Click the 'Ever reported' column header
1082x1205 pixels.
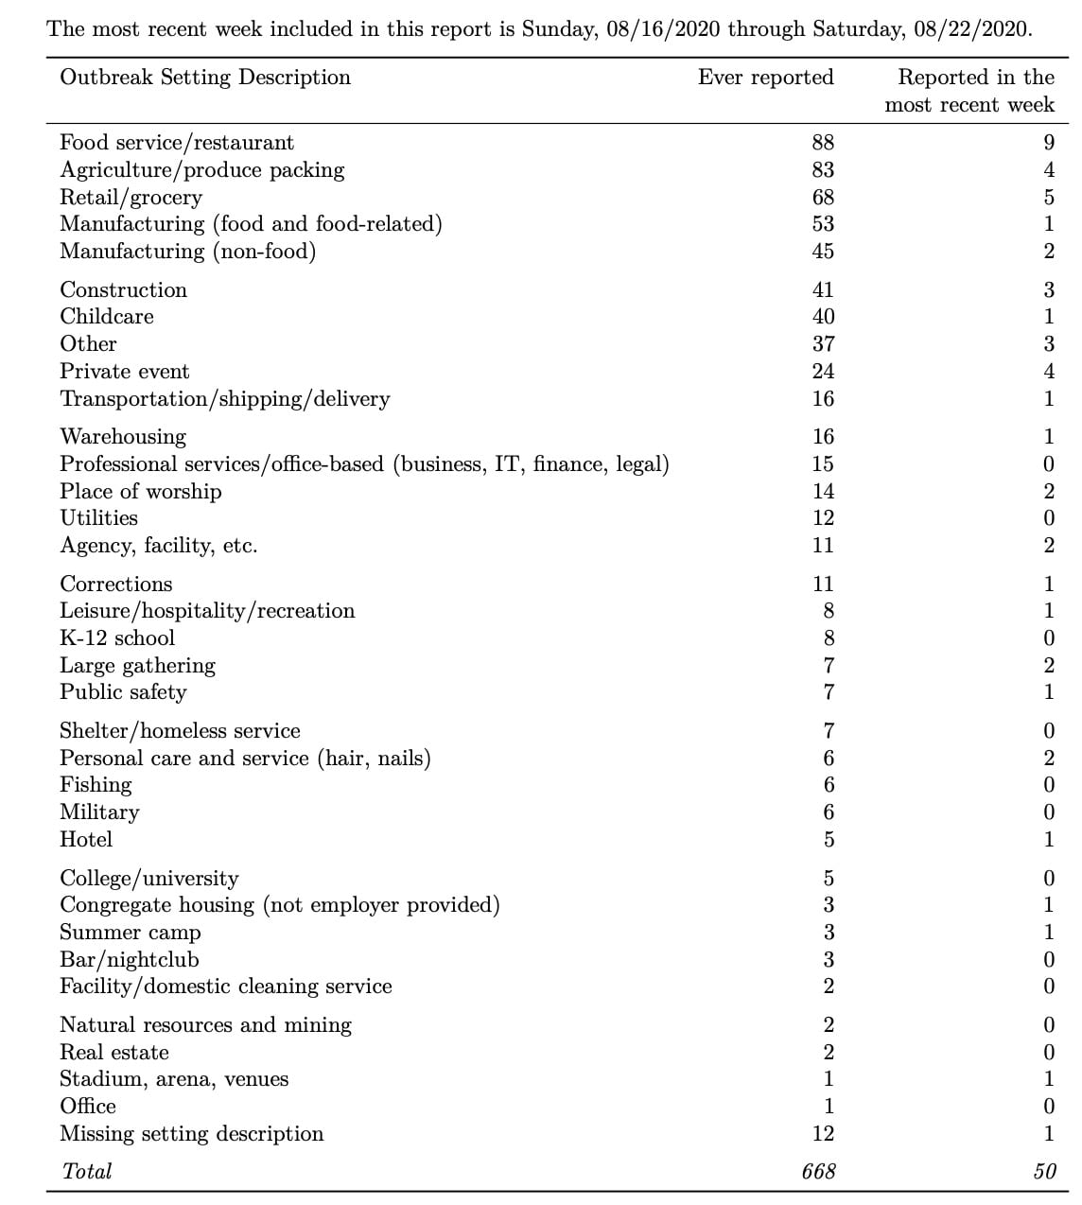coord(765,78)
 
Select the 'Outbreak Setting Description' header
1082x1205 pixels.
coord(205,78)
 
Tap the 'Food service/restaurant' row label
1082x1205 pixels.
coord(177,143)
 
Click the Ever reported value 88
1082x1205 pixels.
coord(823,143)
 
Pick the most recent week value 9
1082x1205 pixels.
coord(1048,143)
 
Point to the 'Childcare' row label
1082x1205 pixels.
coord(107,317)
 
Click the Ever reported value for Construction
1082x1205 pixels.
coord(823,290)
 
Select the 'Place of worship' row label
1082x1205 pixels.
coord(141,491)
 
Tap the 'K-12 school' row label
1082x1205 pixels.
coord(117,638)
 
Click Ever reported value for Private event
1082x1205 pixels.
coord(823,372)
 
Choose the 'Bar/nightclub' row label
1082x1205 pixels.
coord(130,960)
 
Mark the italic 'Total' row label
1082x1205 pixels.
coord(87,1172)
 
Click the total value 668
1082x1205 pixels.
coord(818,1172)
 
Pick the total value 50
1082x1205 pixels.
coord(1044,1172)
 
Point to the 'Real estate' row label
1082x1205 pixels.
coord(114,1053)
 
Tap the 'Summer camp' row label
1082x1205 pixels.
coord(131,933)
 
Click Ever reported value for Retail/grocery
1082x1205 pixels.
coord(823,198)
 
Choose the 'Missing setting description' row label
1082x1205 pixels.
coord(192,1134)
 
